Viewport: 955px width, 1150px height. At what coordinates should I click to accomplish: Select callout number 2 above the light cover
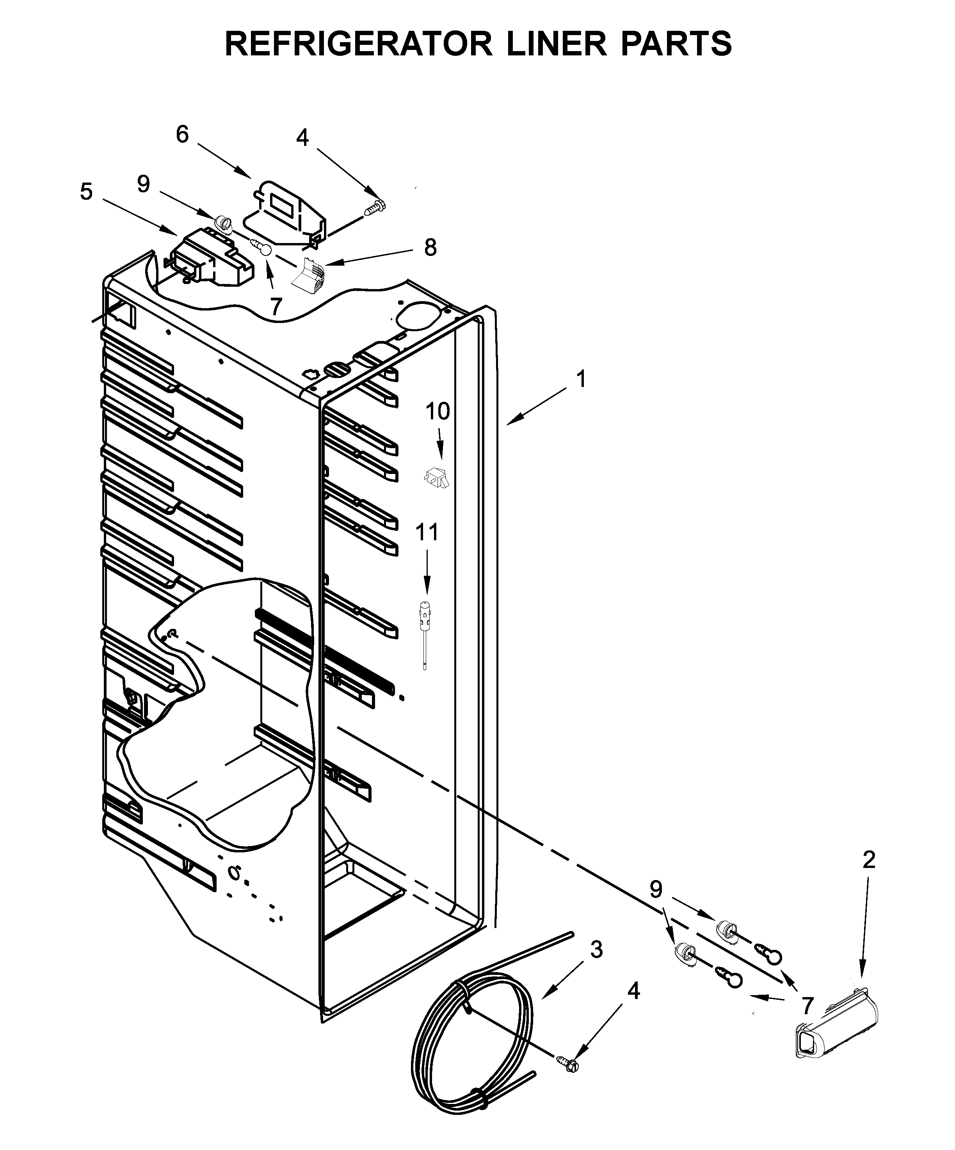click(868, 860)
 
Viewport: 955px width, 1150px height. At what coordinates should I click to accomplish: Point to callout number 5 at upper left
click(86, 192)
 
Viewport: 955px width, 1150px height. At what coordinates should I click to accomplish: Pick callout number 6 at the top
click(182, 134)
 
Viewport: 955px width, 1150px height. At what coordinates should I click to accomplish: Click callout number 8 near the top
click(430, 248)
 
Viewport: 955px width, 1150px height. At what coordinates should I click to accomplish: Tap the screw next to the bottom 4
click(569, 1063)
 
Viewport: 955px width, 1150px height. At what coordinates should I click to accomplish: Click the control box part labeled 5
click(211, 257)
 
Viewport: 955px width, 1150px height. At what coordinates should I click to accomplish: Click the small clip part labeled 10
click(437, 477)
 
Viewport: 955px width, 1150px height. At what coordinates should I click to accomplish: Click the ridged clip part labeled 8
click(309, 272)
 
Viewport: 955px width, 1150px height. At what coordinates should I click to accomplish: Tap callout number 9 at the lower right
click(656, 889)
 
